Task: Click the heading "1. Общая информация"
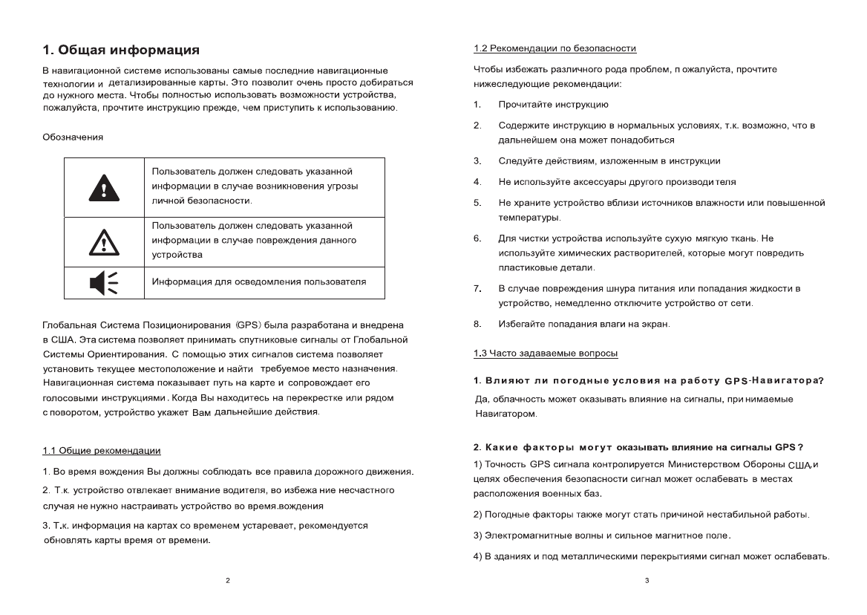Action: [x=120, y=51]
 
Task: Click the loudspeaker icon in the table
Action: [x=103, y=282]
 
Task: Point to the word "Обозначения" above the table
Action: [x=72, y=137]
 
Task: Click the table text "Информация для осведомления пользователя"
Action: [x=259, y=282]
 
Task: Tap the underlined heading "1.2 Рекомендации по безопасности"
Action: [x=554, y=48]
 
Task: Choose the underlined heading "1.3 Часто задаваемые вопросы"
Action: [x=546, y=353]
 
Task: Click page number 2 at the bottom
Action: [x=227, y=579]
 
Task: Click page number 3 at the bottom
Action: [x=647, y=579]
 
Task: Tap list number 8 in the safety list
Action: [x=477, y=323]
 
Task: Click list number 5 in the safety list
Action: [x=477, y=203]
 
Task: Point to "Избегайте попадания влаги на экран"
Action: [x=583, y=323]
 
